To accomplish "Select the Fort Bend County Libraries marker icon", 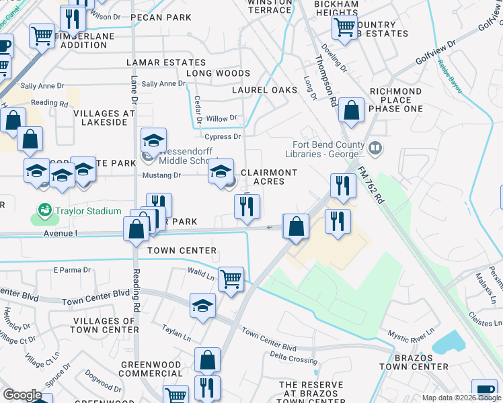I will coord(375,147).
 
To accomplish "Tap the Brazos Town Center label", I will coord(414,361).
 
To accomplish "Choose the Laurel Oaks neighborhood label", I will coord(264,89).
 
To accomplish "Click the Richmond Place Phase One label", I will coord(396,99).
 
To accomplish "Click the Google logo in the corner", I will coord(22,395).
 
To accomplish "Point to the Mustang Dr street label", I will coord(161,175).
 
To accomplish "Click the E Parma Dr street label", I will coord(71,270).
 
